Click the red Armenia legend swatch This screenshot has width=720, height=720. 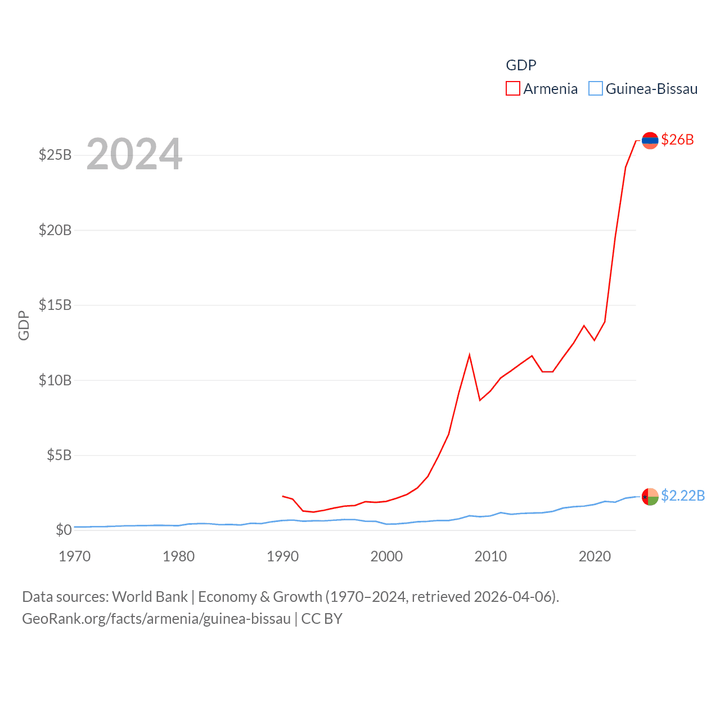(x=512, y=89)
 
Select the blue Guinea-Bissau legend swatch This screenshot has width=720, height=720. (x=595, y=89)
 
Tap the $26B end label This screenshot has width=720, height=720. (x=677, y=139)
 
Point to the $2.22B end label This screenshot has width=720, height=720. (x=682, y=496)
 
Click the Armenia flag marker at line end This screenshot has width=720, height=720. (x=650, y=140)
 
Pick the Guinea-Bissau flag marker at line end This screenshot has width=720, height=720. (x=650, y=497)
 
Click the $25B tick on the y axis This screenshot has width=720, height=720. (x=55, y=155)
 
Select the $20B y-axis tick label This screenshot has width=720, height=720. (x=55, y=230)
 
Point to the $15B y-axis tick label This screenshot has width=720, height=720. (x=55, y=305)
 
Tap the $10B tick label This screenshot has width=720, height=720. (x=55, y=380)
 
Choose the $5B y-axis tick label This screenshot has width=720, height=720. (x=58, y=455)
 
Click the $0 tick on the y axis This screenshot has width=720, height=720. (x=64, y=530)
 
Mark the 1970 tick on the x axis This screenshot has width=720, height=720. (x=75, y=557)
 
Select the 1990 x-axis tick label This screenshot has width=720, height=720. (x=282, y=557)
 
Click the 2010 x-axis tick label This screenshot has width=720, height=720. (x=490, y=557)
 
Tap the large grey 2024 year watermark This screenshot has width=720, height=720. (x=134, y=154)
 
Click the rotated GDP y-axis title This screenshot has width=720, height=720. (x=24, y=325)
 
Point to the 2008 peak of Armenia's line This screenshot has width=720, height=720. (x=469, y=355)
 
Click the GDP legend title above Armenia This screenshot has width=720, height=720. (x=521, y=65)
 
